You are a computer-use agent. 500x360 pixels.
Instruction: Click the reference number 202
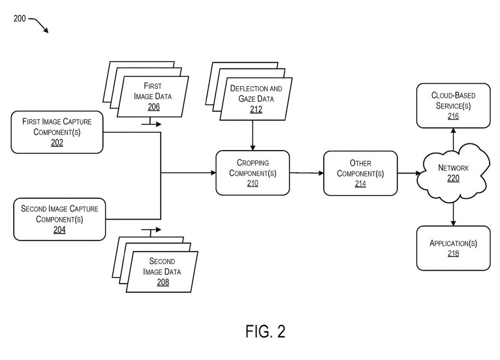click(57, 143)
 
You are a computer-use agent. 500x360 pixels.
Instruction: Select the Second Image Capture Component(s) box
click(59, 220)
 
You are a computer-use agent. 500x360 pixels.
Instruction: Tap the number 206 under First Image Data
click(153, 107)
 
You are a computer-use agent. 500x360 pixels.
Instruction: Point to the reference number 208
click(162, 282)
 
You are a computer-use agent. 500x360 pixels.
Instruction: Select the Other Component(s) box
click(360, 173)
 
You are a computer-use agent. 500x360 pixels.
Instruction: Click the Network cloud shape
click(453, 173)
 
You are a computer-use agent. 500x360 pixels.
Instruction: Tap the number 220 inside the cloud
click(453, 178)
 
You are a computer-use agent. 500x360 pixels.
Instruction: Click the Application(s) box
click(453, 248)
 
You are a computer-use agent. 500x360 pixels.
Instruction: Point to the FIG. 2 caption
click(265, 331)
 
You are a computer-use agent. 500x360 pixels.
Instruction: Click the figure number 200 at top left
click(20, 19)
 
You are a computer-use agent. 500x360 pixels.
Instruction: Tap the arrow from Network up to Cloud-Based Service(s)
click(453, 138)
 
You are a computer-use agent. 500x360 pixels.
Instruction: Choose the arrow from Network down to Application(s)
click(453, 212)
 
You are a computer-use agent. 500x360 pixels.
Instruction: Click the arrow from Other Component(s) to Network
click(410, 173)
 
